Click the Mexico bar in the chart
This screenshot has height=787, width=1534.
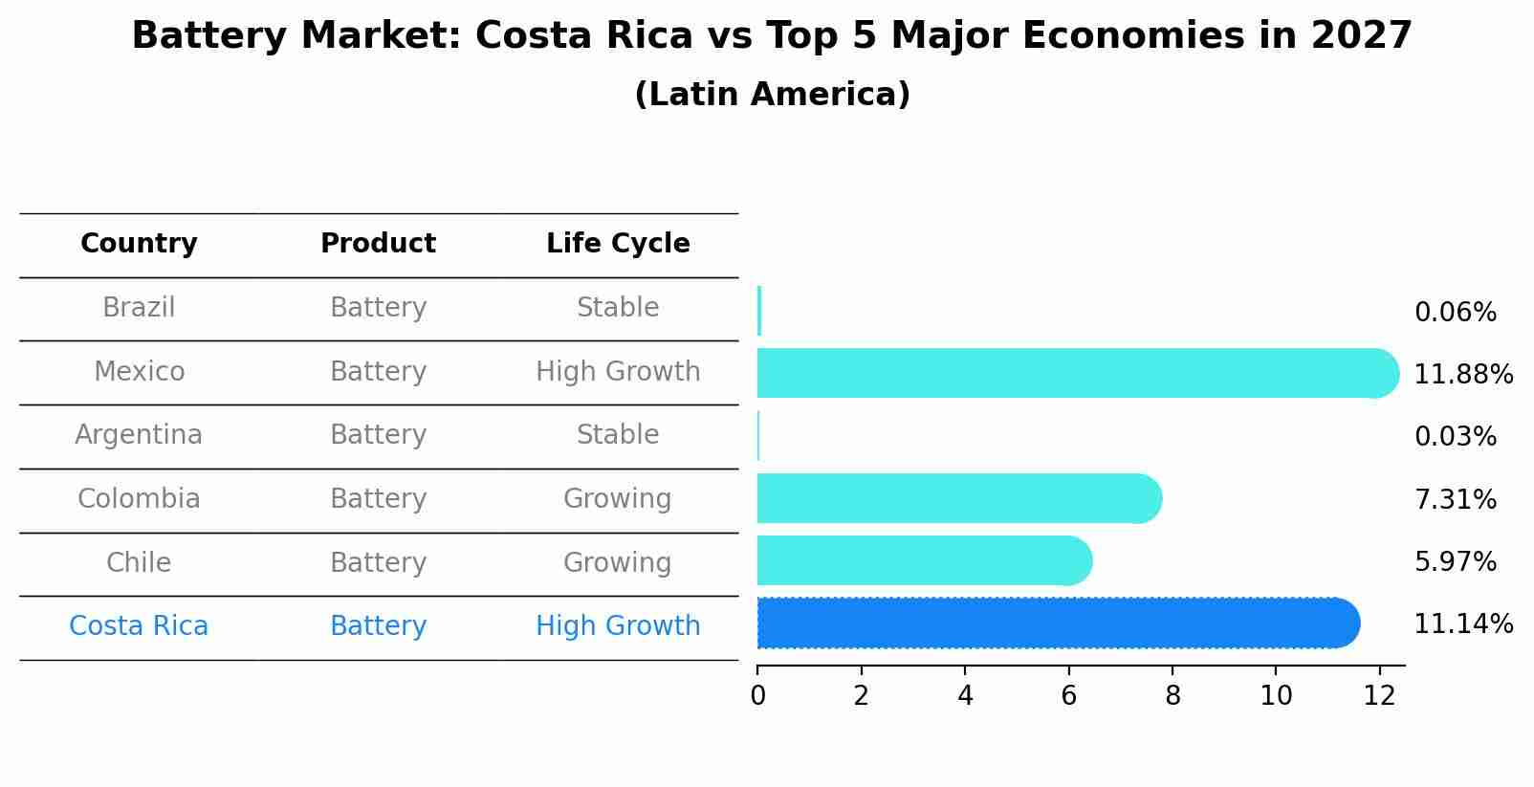pos(1071,373)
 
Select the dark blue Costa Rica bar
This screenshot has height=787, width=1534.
pos(1052,623)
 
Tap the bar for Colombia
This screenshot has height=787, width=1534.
pos(956,498)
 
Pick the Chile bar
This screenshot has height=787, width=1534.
pos(923,560)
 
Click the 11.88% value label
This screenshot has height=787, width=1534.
pos(1462,375)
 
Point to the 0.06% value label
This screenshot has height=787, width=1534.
pos(1455,313)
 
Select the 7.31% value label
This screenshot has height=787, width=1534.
pos(1455,499)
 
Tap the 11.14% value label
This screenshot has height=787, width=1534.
pos(1462,624)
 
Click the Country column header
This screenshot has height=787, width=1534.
pos(139,244)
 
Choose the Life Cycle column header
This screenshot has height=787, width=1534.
pos(618,244)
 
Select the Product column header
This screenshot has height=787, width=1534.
pos(378,244)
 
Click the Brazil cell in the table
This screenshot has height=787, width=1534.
pos(139,308)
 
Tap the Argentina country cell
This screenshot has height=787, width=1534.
pos(139,435)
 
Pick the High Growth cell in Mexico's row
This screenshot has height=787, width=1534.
pos(618,372)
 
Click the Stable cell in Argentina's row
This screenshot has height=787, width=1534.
pos(618,435)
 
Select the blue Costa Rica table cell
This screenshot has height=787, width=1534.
pos(139,626)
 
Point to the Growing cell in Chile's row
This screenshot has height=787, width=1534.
pos(618,562)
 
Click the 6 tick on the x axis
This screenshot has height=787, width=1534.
pos(1068,695)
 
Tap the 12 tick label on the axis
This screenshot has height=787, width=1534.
pos(1379,695)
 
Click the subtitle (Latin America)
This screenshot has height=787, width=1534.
pos(772,95)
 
